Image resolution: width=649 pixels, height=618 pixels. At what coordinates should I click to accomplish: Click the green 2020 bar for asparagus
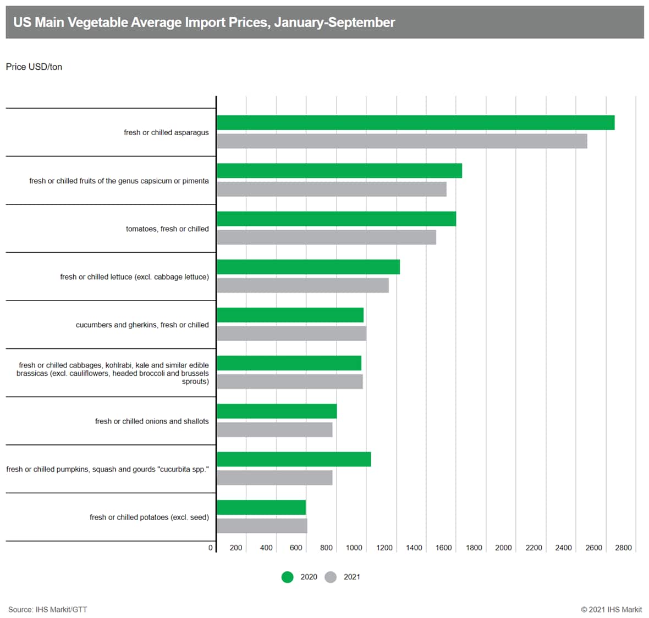point(415,123)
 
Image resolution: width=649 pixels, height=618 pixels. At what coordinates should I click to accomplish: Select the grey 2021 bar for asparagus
point(402,141)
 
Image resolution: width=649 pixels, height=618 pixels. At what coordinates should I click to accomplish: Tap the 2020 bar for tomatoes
point(336,219)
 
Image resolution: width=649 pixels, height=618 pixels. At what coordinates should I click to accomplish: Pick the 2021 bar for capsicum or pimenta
point(331,189)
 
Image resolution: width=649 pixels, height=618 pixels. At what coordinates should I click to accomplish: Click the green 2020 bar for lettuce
point(308,267)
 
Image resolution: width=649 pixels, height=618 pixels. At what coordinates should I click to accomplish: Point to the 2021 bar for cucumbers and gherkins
point(291,333)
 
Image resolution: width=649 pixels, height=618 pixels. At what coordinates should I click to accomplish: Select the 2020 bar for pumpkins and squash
point(294,459)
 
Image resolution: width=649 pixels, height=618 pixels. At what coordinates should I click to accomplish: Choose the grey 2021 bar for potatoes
point(262,526)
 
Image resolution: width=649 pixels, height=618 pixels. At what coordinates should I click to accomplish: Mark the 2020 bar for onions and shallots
point(277,411)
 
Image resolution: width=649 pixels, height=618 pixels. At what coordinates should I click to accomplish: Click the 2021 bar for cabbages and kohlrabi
point(290,381)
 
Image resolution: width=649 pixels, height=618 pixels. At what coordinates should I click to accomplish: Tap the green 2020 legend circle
point(287,577)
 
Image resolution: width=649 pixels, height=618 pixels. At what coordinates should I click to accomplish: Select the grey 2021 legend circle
point(331,577)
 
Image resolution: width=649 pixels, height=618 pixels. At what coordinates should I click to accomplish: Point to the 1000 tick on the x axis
point(354,548)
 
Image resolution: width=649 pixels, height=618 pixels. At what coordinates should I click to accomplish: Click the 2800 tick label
point(624,548)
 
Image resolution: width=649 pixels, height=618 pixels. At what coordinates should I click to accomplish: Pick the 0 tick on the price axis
point(211,548)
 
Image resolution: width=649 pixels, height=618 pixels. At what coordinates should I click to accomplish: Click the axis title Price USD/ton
point(34,67)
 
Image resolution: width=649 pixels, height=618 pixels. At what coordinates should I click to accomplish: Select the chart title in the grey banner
point(204,23)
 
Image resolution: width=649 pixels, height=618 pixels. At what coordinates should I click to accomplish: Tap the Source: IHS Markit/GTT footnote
point(47,609)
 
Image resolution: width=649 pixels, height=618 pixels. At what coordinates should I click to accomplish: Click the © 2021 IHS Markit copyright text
point(611,609)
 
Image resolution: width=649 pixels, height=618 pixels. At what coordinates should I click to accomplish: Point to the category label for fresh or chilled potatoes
point(149,517)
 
